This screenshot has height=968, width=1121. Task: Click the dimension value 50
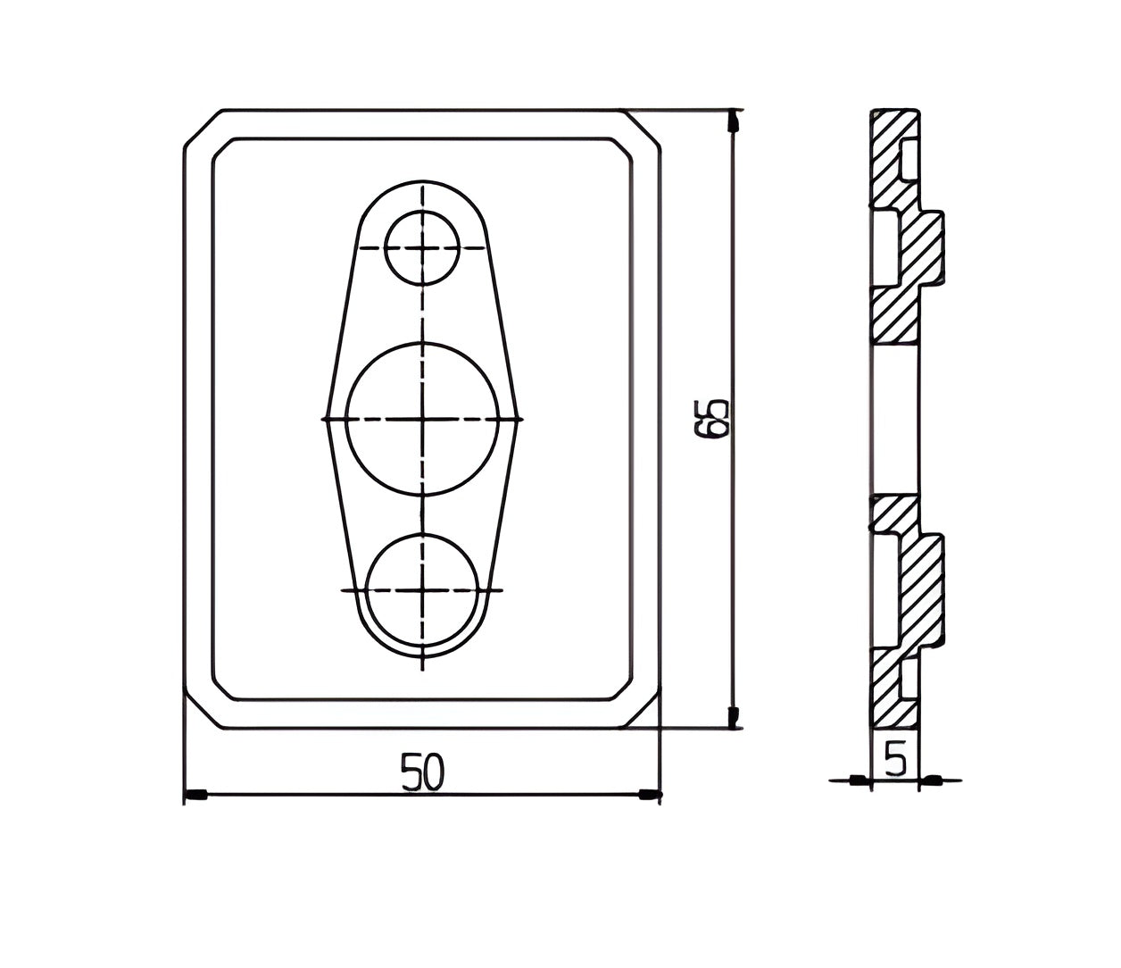tap(422, 771)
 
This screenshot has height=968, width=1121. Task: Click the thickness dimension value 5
tap(895, 757)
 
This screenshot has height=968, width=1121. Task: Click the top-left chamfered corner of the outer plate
tap(203, 129)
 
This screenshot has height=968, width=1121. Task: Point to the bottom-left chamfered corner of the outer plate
tap(203, 709)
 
